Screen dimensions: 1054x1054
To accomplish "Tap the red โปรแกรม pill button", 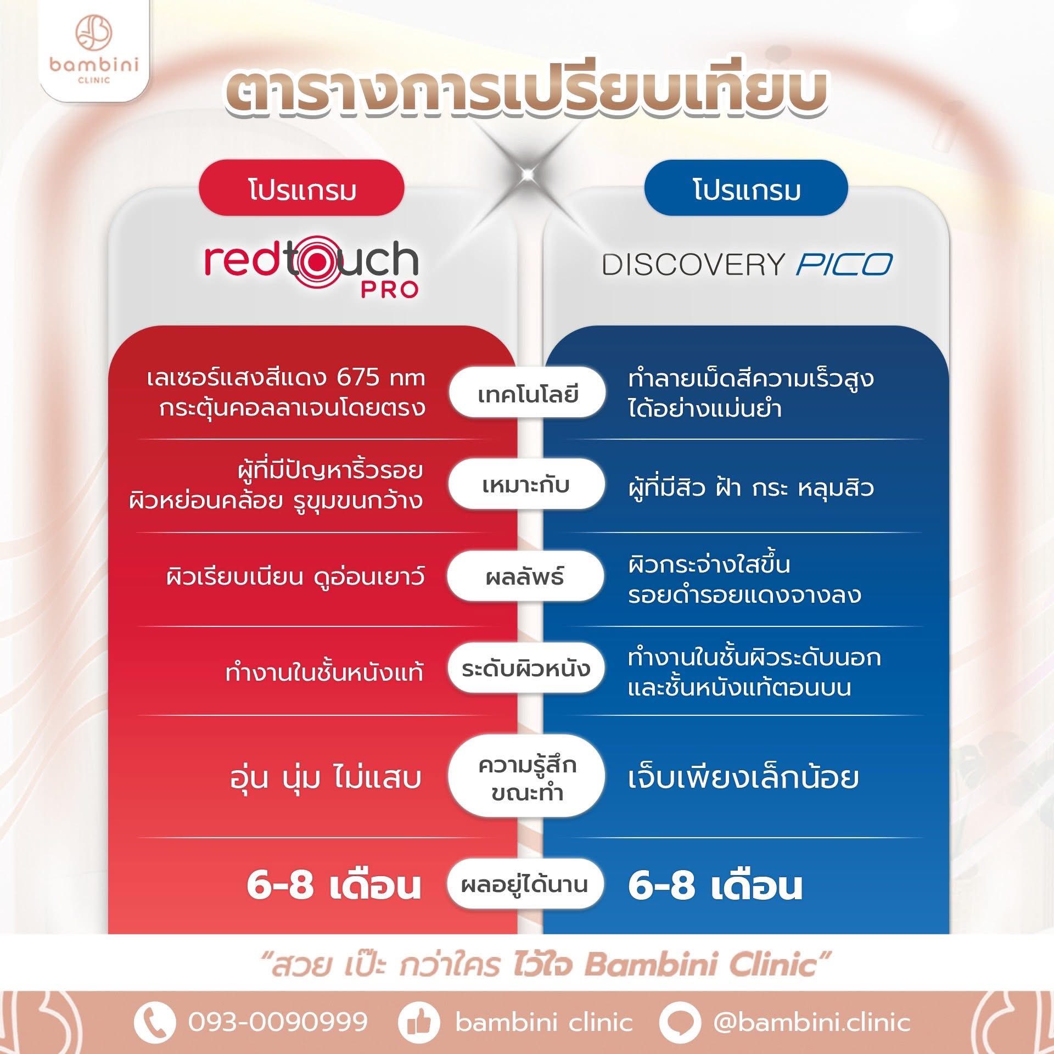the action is pyautogui.click(x=301, y=188).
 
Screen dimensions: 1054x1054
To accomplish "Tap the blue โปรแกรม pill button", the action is pyautogui.click(x=746, y=188).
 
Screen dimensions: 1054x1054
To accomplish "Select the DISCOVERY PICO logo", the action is pyautogui.click(x=747, y=265).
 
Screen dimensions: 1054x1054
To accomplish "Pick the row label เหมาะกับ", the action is pyautogui.click(x=526, y=485).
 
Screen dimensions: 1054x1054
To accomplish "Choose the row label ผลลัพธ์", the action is pyautogui.click(x=525, y=577).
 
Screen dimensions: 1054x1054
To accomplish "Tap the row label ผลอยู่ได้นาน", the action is pyautogui.click(x=525, y=884).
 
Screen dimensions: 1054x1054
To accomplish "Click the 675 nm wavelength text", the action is pyautogui.click(x=381, y=378).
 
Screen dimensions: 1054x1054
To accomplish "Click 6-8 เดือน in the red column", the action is pyautogui.click(x=334, y=885).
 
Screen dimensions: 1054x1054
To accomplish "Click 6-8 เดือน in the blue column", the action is pyautogui.click(x=715, y=885).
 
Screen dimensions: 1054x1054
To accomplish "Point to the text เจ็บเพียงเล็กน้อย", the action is pyautogui.click(x=743, y=777).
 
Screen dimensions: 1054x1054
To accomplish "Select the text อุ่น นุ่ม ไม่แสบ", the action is pyautogui.click(x=326, y=777).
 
